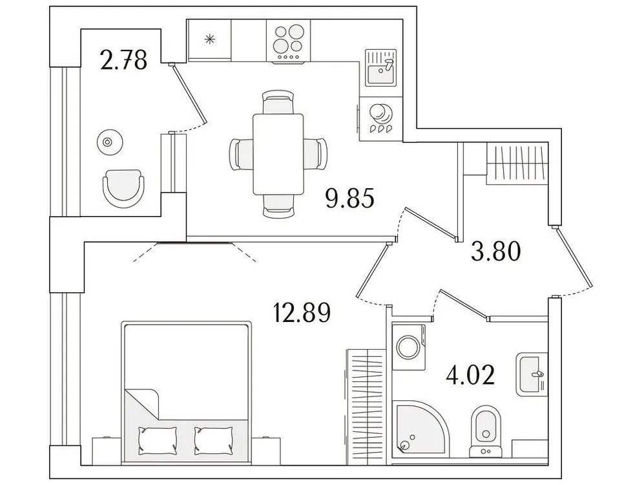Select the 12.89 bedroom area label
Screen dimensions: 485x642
coord(302,314)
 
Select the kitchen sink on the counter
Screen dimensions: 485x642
coord(380,67)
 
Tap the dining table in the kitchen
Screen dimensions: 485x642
coord(278,153)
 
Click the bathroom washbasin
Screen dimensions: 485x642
coord(531,374)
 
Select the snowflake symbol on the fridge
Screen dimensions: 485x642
coord(209,39)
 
